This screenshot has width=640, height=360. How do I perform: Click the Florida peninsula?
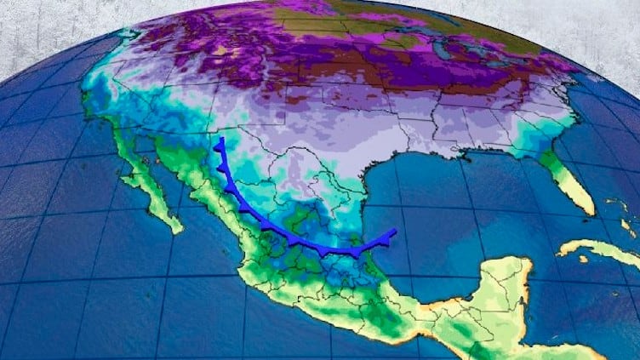click(x=572, y=182)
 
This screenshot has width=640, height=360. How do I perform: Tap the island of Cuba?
click(x=596, y=249)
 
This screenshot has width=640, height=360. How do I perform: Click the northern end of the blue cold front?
click(x=220, y=139)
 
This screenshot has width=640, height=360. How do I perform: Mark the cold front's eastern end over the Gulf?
click(x=395, y=231)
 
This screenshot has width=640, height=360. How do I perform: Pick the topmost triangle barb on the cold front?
click(x=219, y=149)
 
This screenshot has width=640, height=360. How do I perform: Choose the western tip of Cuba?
click(x=560, y=252)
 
